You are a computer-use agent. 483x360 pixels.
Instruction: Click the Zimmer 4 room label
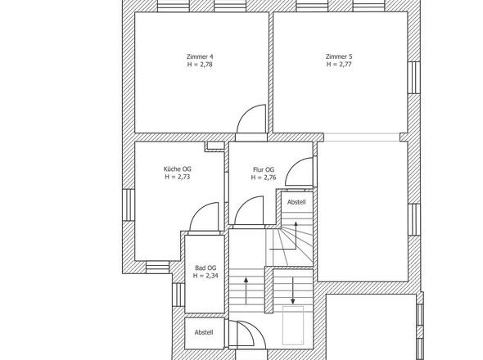(200, 56)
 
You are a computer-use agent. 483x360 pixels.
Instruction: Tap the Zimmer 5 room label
(339, 56)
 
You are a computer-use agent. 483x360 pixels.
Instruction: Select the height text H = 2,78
(200, 65)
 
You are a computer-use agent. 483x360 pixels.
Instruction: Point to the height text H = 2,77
(339, 65)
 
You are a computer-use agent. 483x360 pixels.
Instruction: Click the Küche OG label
(177, 169)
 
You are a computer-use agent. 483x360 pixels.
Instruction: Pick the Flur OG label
(264, 169)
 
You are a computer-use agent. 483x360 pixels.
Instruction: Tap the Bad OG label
(205, 268)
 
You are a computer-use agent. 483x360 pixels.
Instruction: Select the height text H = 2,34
(205, 276)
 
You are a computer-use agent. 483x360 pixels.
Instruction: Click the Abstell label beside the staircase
(296, 202)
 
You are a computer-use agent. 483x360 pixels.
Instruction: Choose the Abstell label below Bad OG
(204, 333)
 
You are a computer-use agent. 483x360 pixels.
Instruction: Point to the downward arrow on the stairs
(292, 290)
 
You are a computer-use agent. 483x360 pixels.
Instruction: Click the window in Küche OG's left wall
(129, 205)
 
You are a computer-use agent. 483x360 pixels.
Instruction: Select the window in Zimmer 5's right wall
(414, 77)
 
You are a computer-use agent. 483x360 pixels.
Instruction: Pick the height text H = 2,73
(177, 177)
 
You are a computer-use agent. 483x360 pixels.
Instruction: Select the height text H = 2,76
(264, 178)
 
